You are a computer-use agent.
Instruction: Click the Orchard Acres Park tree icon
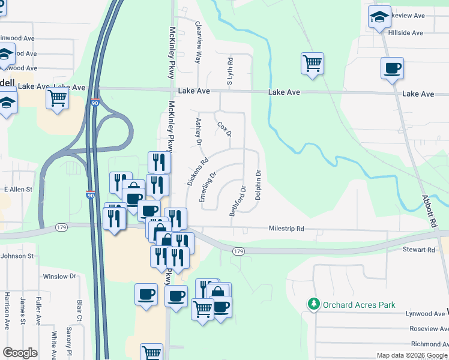click(x=313, y=305)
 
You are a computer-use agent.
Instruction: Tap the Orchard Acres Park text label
click(x=359, y=305)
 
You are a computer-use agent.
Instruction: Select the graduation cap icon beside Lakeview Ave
click(x=379, y=19)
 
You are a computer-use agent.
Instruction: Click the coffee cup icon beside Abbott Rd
click(x=392, y=69)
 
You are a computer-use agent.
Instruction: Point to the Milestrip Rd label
click(x=287, y=229)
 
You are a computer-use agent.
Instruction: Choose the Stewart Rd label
click(x=418, y=249)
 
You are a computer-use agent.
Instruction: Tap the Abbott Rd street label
click(x=427, y=210)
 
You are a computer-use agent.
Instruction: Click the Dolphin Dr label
click(x=258, y=185)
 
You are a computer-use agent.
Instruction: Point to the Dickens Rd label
click(x=197, y=171)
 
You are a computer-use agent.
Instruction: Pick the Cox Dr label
click(x=224, y=130)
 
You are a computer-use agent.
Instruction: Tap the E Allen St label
click(x=18, y=189)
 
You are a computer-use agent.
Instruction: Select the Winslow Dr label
click(x=59, y=277)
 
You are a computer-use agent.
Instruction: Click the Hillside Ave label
click(x=406, y=31)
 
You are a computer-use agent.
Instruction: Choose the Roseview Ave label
click(x=426, y=329)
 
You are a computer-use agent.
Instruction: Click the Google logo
click(x=20, y=353)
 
